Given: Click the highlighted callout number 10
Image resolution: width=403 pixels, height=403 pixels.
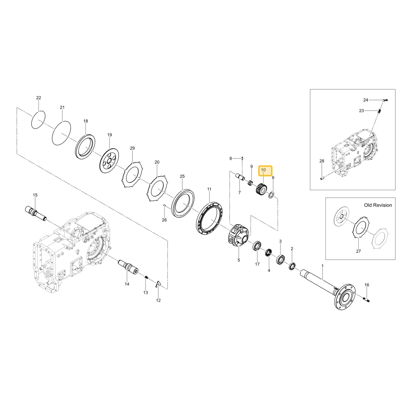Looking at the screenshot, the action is tap(263, 170).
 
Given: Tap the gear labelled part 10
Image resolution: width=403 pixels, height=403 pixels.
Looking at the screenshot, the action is tap(261, 189).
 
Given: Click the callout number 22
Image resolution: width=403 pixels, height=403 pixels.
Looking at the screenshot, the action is tap(39, 98).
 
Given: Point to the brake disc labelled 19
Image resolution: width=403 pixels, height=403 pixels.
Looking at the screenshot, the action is tap(109, 162).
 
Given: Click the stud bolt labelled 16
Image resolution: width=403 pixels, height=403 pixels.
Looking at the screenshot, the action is tap(367, 299).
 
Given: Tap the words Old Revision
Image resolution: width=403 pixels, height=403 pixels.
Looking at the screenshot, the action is tap(378, 205).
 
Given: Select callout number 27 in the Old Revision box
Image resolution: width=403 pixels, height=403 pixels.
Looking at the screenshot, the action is tap(358, 251).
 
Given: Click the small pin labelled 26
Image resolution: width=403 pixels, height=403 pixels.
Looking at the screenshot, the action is tap(165, 205).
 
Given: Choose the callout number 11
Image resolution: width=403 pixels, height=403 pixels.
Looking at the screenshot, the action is tap(209, 189).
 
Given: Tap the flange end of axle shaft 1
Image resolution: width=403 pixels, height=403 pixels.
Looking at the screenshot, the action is tap(345, 297).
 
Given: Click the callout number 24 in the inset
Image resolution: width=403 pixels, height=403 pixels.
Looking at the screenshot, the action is tap(366, 100).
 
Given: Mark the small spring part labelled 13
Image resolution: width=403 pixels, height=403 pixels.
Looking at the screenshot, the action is tap(146, 278).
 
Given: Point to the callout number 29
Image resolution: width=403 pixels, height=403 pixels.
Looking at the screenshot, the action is tap(132, 148).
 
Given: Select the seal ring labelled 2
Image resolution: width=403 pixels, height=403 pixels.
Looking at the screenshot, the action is tap(292, 266).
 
